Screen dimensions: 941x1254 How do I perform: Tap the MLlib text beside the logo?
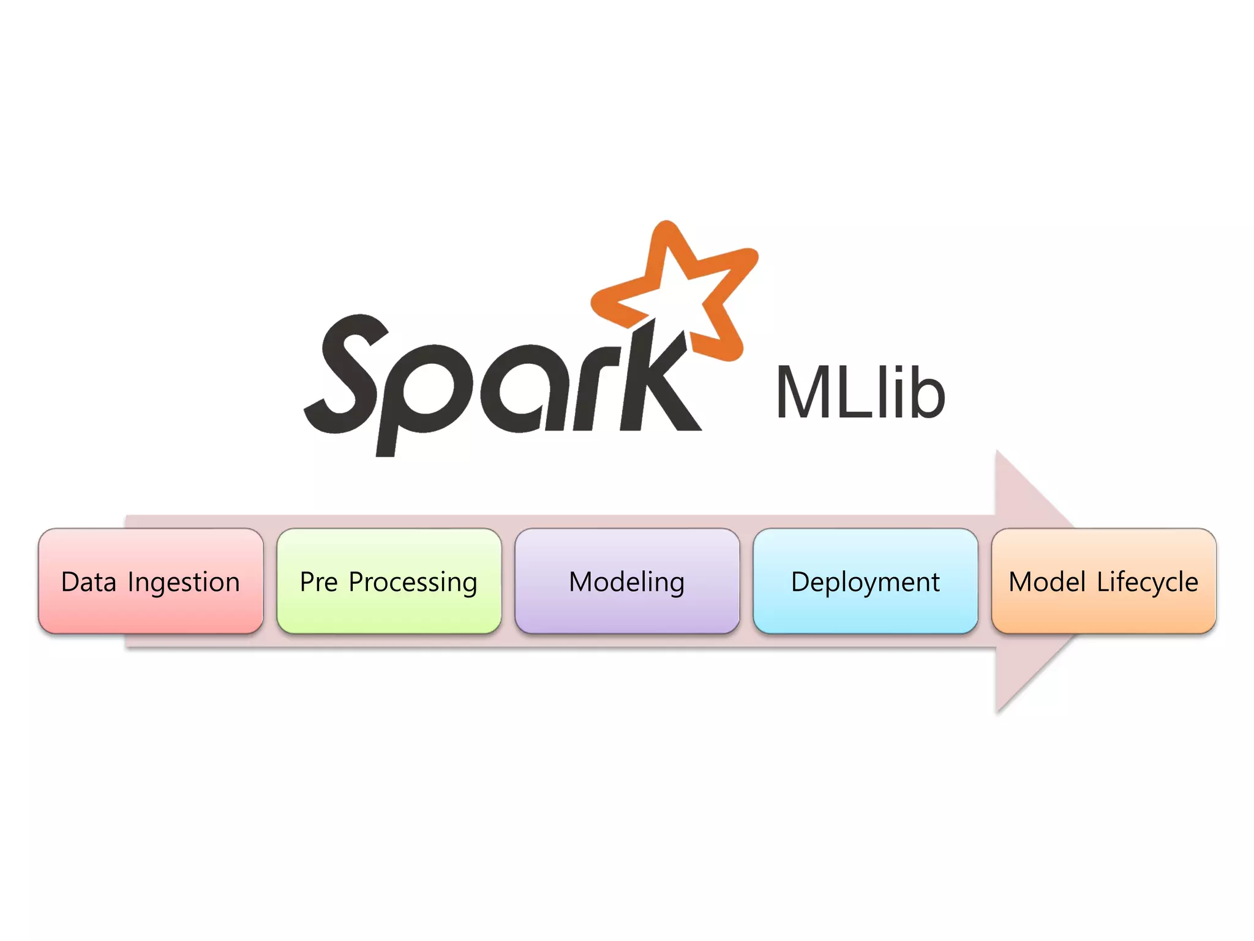(x=860, y=393)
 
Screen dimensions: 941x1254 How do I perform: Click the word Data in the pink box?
(x=89, y=582)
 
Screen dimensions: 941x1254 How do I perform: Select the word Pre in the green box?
(x=318, y=582)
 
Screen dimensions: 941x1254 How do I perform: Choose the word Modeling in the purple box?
(x=626, y=583)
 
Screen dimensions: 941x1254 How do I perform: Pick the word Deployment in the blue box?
(x=865, y=583)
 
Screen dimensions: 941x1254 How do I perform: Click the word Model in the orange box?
(x=1048, y=582)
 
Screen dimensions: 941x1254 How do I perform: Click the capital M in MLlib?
(x=804, y=393)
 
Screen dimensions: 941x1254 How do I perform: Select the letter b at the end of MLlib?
(x=926, y=393)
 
